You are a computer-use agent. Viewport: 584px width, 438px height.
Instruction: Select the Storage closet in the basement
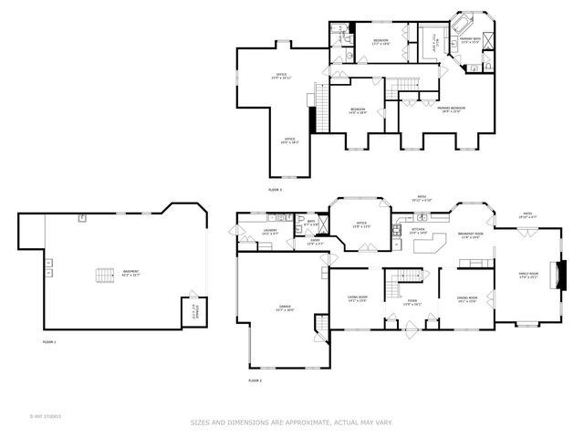(193, 310)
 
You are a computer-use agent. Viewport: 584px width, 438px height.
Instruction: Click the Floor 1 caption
(49, 341)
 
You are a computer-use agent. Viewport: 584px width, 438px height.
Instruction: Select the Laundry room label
(270, 233)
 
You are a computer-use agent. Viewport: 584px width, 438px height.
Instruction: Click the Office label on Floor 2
(361, 224)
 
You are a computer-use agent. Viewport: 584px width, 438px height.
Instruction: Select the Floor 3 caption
(275, 189)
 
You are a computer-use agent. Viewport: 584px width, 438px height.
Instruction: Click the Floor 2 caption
(255, 380)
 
